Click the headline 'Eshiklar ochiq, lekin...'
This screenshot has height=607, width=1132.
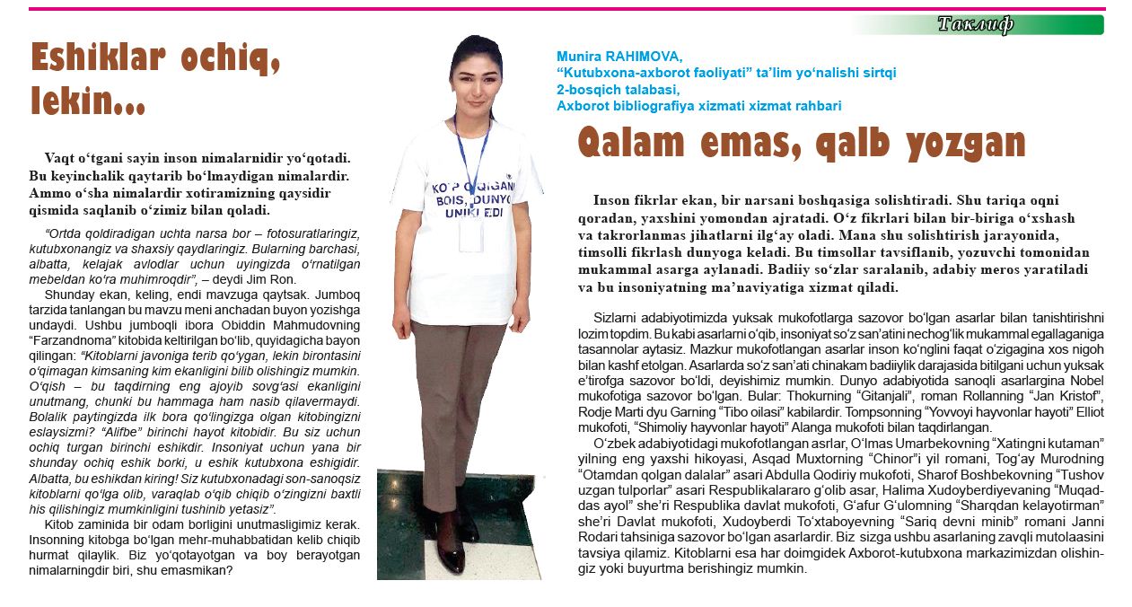pos(155,78)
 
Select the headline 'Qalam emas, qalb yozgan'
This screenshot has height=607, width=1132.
pos(801,143)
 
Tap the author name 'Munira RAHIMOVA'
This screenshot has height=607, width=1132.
pos(619,56)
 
